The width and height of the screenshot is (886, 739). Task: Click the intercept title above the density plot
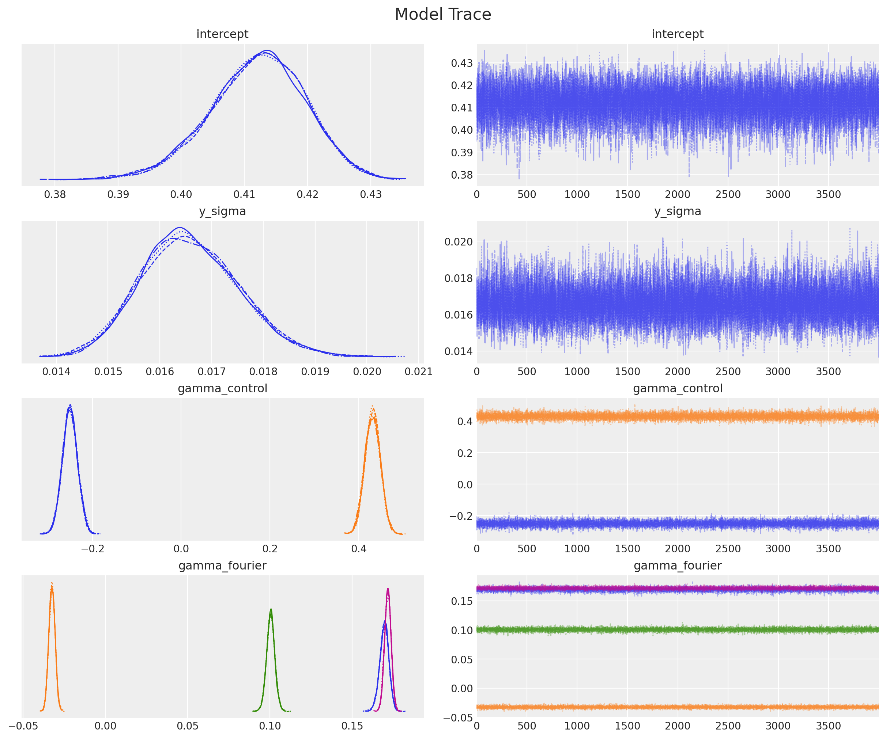[x=222, y=34]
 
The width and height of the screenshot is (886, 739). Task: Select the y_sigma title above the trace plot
[x=678, y=211]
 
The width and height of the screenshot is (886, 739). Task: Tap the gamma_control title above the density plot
[x=222, y=388]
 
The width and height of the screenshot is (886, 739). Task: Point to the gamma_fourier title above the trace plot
[x=678, y=565]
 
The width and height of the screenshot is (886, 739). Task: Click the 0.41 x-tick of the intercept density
[x=244, y=194]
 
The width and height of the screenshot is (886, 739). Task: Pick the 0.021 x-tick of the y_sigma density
[x=419, y=372]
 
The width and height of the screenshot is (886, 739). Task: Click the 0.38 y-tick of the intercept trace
[x=461, y=175]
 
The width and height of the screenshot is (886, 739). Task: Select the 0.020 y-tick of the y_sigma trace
[x=458, y=241]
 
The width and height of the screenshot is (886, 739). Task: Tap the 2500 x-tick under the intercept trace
[x=728, y=194]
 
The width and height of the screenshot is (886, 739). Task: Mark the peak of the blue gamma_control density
[x=70, y=406]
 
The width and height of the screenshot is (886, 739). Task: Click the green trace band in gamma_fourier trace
[x=678, y=630]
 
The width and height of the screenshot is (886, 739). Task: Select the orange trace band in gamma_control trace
[x=678, y=416]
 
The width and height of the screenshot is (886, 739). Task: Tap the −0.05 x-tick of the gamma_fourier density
[x=23, y=725]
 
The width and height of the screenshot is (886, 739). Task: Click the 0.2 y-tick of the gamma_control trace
[x=465, y=453]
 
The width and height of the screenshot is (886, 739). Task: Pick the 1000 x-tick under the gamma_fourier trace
[x=577, y=725]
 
